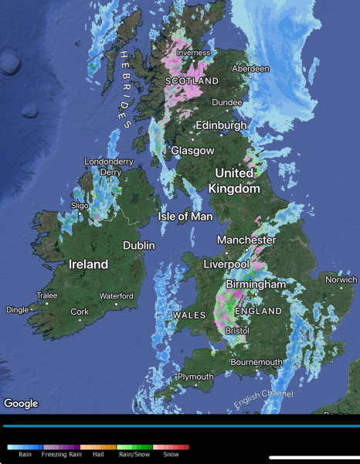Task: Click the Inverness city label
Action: coord(193,53)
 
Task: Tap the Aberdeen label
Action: coord(251,69)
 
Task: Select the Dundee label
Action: coord(227,102)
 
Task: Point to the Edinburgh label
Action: coord(222,125)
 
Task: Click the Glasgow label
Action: coord(192,150)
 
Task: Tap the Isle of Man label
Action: coord(185,217)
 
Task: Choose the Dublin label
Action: coord(139,246)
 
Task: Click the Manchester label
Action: coord(246,240)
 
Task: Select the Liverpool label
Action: coord(226,264)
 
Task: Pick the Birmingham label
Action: coord(256,285)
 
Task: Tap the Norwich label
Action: coord(340,279)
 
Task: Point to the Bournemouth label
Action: coord(257,362)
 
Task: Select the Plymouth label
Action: coord(195,377)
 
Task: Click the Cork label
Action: coord(80,312)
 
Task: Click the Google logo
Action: coord(21,403)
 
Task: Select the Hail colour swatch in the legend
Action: coord(98,447)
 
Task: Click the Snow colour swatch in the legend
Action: coord(170,447)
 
